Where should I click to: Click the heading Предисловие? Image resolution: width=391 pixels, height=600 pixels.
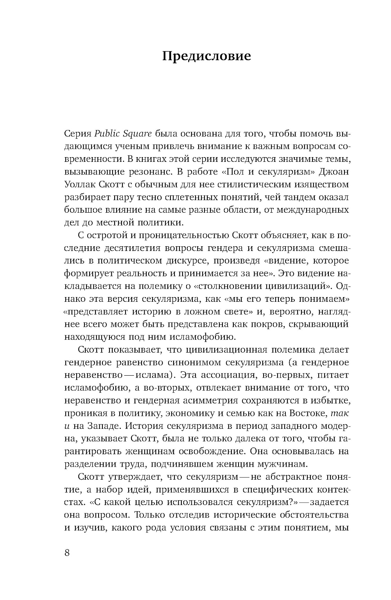pyautogui.click(x=206, y=56)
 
